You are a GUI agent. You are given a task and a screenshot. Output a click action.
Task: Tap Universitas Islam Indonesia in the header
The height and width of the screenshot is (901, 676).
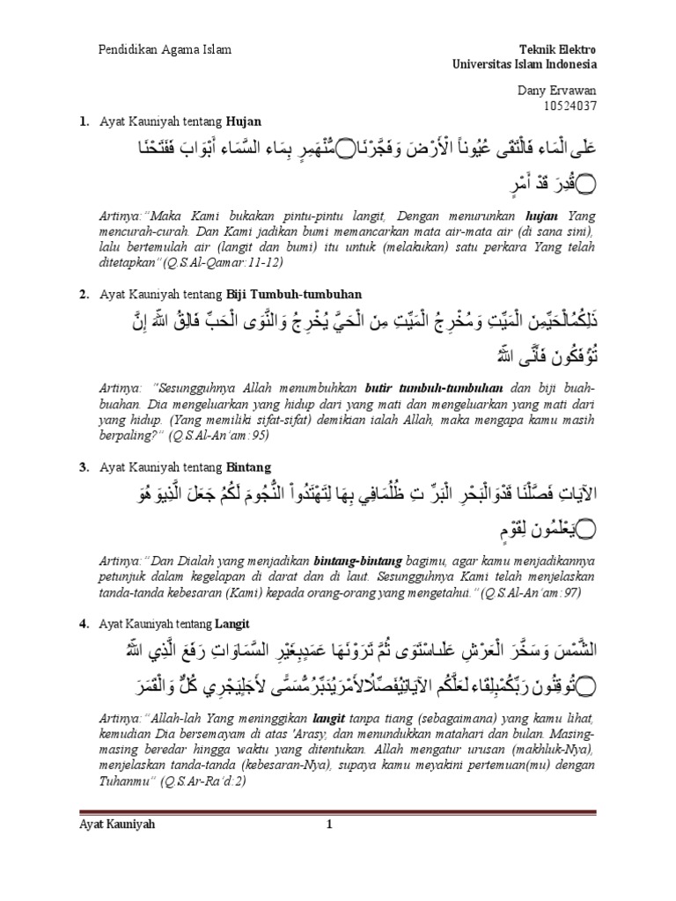(x=525, y=64)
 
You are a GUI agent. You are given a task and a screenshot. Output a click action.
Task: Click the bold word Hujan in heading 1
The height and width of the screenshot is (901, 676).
(x=244, y=121)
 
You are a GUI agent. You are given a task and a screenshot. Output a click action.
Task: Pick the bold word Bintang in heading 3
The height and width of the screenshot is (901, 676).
(x=249, y=466)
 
